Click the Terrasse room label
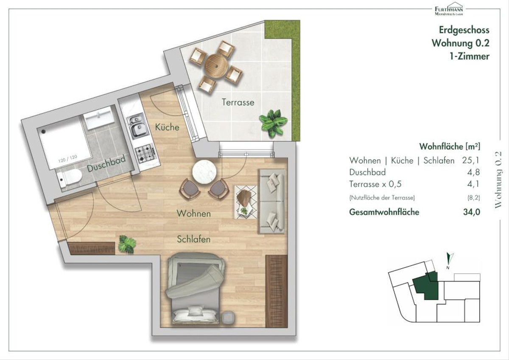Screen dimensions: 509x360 tap(238, 102)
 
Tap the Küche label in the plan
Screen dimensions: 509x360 tap(167, 127)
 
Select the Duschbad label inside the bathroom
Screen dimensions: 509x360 tap(106, 163)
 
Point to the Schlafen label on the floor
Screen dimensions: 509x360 tap(193, 239)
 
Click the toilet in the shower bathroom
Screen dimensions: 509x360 tap(70, 178)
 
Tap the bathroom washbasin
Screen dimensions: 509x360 tap(98, 118)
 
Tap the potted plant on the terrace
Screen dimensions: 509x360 tap(273, 123)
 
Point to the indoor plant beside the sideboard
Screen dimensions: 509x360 tap(127, 244)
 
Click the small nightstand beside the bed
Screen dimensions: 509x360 tap(228, 318)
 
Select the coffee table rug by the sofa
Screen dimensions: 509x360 tap(246, 202)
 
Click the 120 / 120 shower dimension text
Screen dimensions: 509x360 tap(68, 159)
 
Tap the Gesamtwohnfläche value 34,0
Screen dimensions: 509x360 tap(472, 212)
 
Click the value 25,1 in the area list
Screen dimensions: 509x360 tap(470, 160)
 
